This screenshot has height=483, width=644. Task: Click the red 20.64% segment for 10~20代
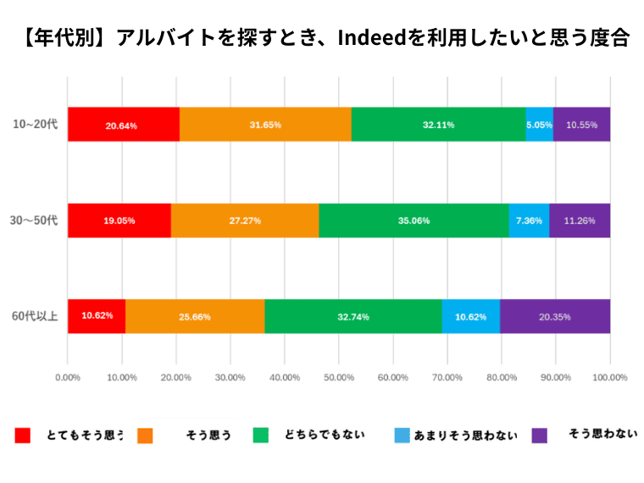click(x=124, y=125)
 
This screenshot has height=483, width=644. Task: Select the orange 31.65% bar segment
click(x=265, y=125)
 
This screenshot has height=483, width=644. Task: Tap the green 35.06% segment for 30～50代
click(x=414, y=220)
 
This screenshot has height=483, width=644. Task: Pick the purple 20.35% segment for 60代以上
click(x=555, y=317)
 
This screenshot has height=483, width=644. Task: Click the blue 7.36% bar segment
click(x=529, y=220)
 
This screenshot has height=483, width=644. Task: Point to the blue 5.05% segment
click(x=539, y=125)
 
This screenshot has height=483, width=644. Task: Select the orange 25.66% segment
click(x=195, y=317)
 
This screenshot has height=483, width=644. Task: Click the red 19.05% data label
click(x=119, y=220)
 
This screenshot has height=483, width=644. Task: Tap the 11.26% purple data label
click(x=580, y=220)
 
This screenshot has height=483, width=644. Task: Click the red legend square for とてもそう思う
click(x=23, y=436)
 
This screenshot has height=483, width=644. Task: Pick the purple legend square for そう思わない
click(x=539, y=436)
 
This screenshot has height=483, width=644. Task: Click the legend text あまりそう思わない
click(x=465, y=436)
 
